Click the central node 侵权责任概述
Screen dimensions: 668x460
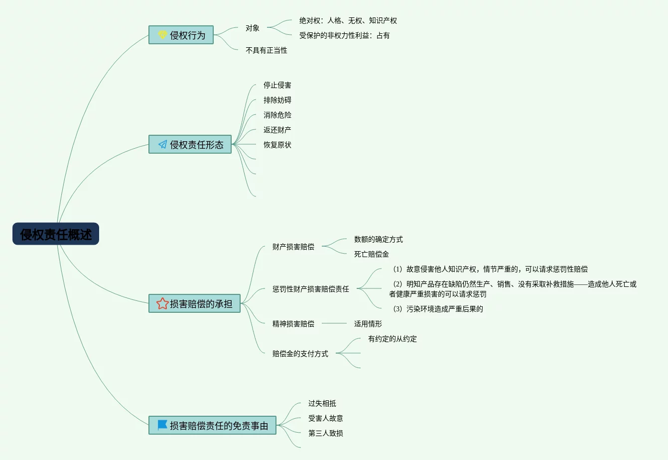click(x=56, y=234)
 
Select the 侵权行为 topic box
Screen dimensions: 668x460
click(x=181, y=35)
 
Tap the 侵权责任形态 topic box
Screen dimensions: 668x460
click(x=190, y=145)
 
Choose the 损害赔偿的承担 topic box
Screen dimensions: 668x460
click(x=194, y=304)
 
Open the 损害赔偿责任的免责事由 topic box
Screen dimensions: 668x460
click(x=212, y=426)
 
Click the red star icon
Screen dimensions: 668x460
click(x=162, y=303)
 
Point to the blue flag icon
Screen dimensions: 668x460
click(x=162, y=425)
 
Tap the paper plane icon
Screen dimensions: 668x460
click(x=162, y=145)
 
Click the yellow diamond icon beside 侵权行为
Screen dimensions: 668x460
click(x=162, y=35)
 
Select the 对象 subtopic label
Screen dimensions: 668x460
click(x=253, y=28)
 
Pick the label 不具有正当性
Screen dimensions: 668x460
click(x=267, y=50)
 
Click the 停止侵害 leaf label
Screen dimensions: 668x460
click(x=277, y=85)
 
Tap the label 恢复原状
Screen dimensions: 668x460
click(x=277, y=145)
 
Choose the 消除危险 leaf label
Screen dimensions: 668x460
click(x=277, y=115)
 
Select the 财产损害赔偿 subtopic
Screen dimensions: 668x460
click(x=293, y=247)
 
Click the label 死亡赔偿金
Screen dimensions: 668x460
click(x=372, y=254)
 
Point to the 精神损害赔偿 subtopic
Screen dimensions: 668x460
click(x=293, y=324)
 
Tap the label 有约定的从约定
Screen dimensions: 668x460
click(x=393, y=339)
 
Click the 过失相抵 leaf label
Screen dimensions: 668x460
click(x=322, y=403)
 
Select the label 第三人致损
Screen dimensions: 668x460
click(x=326, y=433)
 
